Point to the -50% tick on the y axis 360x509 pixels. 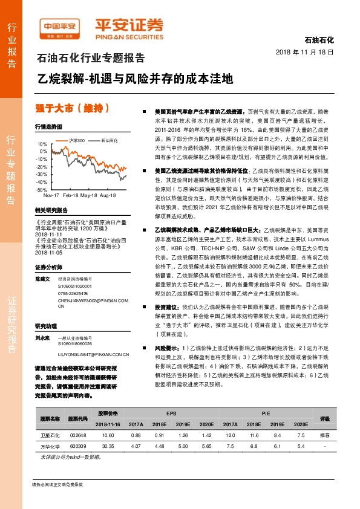coord(42,189)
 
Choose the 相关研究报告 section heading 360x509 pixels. coord(51,210)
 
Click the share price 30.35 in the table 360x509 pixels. coord(108,446)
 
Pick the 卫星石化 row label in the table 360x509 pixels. coord(50,435)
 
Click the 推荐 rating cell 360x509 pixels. coord(325,435)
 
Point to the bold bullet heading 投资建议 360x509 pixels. coord(167,307)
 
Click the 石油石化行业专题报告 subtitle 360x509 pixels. coord(91,59)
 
